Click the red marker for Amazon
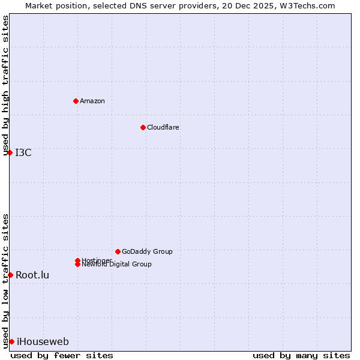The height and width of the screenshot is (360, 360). pyautogui.click(x=76, y=101)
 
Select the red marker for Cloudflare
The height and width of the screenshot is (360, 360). pyautogui.click(x=143, y=127)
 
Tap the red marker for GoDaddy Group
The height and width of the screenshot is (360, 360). pyautogui.click(x=118, y=251)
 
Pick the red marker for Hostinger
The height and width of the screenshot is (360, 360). pyautogui.click(x=77, y=260)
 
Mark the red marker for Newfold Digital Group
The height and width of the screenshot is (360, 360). pyautogui.click(x=77, y=264)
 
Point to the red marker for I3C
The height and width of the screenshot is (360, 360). pyautogui.click(x=10, y=152)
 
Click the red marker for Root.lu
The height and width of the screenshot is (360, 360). pyautogui.click(x=10, y=275)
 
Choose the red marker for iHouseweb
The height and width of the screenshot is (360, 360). pyautogui.click(x=11, y=341)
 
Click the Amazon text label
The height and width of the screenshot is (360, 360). pyautogui.click(x=92, y=101)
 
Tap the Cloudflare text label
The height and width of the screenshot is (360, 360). pyautogui.click(x=163, y=127)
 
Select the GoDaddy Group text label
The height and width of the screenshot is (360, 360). pyautogui.click(x=147, y=251)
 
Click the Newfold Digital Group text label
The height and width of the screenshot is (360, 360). pyautogui.click(x=117, y=265)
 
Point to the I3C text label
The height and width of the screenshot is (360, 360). pyautogui.click(x=23, y=152)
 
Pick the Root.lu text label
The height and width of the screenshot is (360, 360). pyautogui.click(x=32, y=275)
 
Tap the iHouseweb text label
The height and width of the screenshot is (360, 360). pyautogui.click(x=43, y=341)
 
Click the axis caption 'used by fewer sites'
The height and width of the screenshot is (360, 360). pyautogui.click(x=62, y=355)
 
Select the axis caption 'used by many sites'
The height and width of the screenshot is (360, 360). pyautogui.click(x=301, y=355)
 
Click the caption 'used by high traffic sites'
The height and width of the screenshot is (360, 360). pyautogui.click(x=6, y=85)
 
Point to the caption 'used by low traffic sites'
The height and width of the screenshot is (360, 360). pyautogui.click(x=6, y=280)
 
